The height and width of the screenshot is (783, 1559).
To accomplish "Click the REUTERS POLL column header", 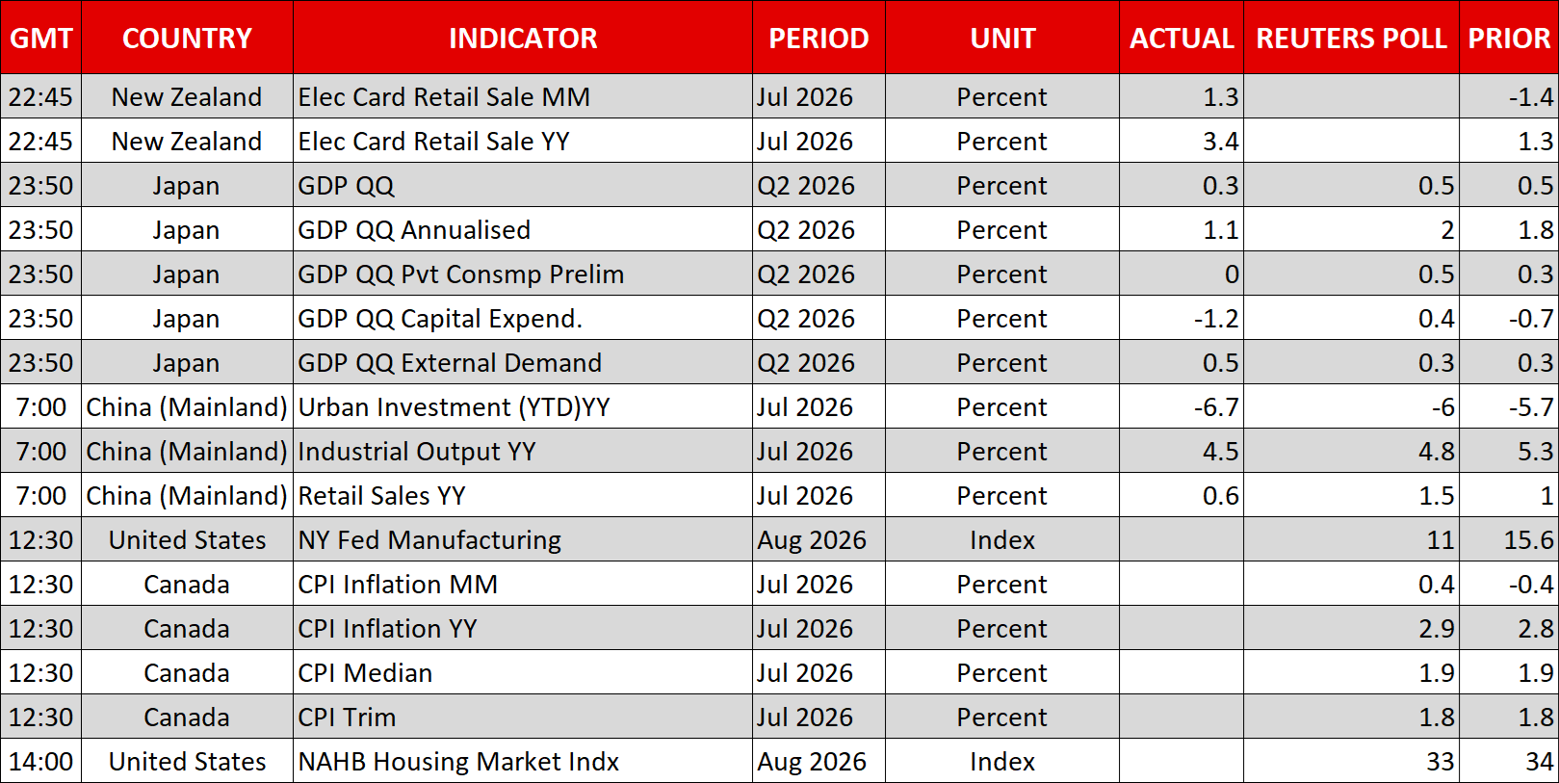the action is (1351, 39).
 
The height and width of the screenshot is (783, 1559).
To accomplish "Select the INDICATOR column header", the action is (523, 39).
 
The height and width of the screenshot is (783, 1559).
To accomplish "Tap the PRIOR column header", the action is (1509, 39).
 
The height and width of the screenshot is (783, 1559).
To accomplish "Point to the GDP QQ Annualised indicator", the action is (414, 229).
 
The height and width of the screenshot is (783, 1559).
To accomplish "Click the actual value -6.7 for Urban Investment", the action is (1216, 407).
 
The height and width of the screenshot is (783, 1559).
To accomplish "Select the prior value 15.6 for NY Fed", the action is (1528, 540).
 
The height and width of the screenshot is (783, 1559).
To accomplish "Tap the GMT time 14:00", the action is (40, 762).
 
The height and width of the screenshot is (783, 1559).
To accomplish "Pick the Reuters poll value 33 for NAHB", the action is (1440, 762).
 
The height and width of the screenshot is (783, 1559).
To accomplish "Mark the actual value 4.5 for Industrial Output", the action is (1221, 452).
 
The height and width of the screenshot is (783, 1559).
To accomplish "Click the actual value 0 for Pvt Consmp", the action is (1232, 274).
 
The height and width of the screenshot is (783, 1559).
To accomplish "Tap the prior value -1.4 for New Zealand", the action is (1530, 96).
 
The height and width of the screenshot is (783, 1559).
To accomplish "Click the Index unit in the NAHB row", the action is (1002, 762).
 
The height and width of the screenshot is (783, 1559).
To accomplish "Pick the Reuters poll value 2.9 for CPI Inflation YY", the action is (1437, 629).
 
